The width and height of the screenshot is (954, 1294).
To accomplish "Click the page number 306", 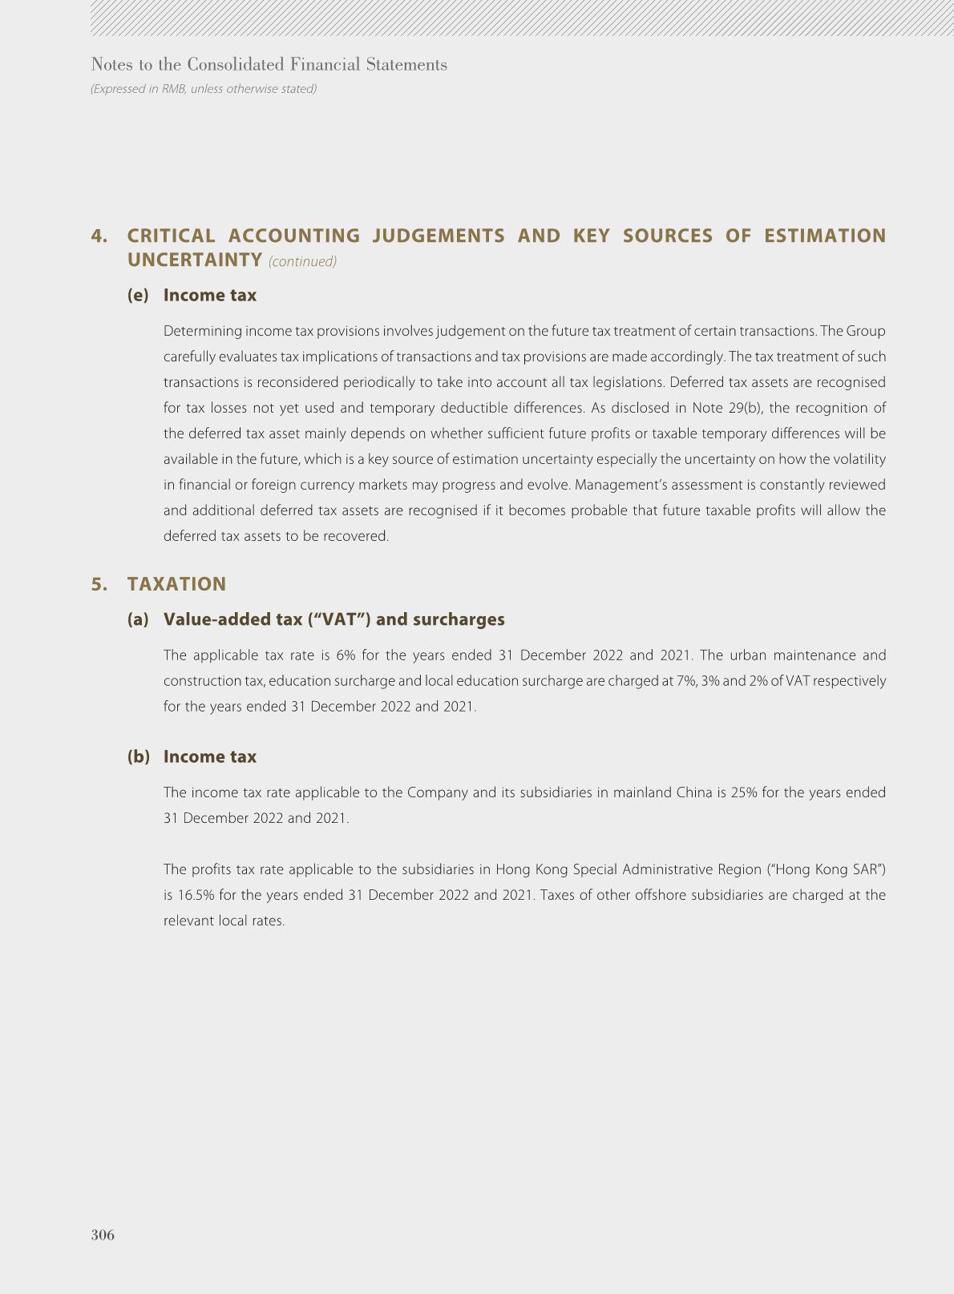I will (x=103, y=1235).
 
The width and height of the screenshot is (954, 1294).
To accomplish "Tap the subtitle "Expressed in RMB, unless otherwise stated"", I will (x=204, y=89).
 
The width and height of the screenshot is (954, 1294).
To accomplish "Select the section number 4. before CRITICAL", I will (x=99, y=236).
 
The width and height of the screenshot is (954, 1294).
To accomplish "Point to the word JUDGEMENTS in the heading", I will (x=439, y=236).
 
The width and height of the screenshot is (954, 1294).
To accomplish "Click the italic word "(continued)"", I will (x=302, y=262).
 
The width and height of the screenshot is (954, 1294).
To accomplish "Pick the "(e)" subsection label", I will (x=138, y=295).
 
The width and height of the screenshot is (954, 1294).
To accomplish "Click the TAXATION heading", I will (x=176, y=584).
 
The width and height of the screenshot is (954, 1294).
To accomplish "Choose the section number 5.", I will (x=99, y=584).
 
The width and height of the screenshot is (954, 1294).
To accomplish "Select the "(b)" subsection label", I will (x=138, y=756).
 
